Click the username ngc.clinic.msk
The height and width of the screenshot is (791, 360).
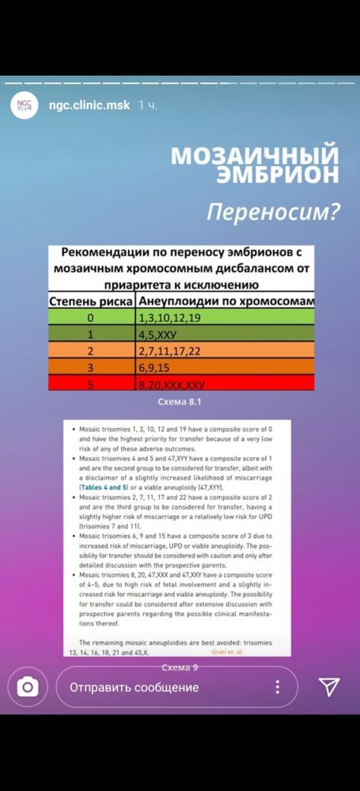pyautogui.click(x=89, y=105)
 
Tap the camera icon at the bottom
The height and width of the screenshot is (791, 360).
pyautogui.click(x=28, y=687)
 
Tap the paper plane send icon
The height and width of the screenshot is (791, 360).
pyautogui.click(x=328, y=687)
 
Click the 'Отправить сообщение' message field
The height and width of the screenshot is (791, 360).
pyautogui.click(x=135, y=687)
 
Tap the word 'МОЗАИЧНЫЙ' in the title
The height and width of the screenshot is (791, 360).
pyautogui.click(x=255, y=154)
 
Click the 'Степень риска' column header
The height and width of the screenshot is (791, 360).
pyautogui.click(x=91, y=302)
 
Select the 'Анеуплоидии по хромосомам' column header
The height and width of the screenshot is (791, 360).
pyautogui.click(x=225, y=302)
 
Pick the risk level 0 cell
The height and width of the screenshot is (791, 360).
pyautogui.click(x=91, y=318)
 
